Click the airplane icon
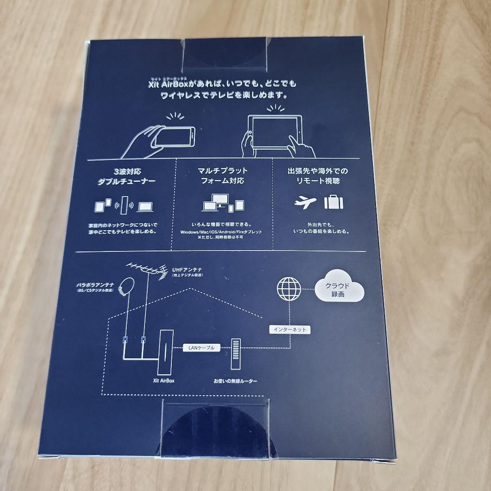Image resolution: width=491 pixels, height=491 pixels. tap(305, 202)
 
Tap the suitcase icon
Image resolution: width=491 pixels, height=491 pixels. tap(333, 202)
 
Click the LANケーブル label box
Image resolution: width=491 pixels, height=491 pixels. tap(201, 348)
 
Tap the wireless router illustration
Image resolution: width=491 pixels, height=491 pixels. tap(235, 354)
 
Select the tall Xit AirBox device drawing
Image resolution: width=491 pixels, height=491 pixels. tap(165, 352)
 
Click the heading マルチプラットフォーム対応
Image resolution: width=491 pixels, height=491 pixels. tap(222, 175)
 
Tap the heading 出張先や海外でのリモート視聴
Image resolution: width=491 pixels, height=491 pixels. tap(318, 175)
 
